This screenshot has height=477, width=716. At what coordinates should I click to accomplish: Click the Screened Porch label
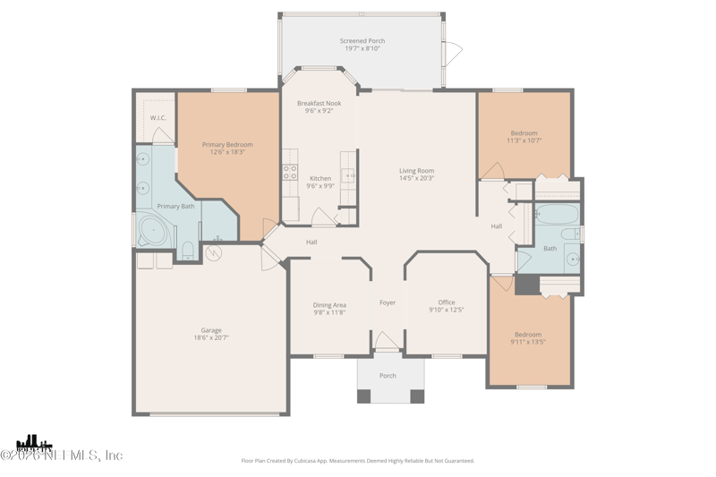(362, 41)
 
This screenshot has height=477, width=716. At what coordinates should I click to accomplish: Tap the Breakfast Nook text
(320, 104)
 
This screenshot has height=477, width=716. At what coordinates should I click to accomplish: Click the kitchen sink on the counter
(349, 175)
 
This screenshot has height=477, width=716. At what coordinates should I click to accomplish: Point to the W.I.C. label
(158, 118)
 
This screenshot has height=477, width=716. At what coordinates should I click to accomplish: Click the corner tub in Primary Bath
(153, 231)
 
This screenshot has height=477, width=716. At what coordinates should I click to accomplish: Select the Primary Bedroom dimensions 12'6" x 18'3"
(227, 152)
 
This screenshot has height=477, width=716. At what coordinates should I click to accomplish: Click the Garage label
(211, 330)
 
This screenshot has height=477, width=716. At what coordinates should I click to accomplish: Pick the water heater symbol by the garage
(213, 253)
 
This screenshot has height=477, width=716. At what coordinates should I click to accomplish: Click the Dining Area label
(329, 305)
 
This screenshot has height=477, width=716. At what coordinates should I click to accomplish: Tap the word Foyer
(388, 302)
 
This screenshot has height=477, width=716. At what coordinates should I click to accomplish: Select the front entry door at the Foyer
(387, 343)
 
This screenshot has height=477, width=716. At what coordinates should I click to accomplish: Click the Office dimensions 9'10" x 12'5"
(447, 311)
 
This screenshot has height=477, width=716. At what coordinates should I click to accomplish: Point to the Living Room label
(416, 171)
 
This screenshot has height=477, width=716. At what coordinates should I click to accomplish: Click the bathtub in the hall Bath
(556, 215)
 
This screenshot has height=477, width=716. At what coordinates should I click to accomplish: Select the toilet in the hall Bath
(577, 235)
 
